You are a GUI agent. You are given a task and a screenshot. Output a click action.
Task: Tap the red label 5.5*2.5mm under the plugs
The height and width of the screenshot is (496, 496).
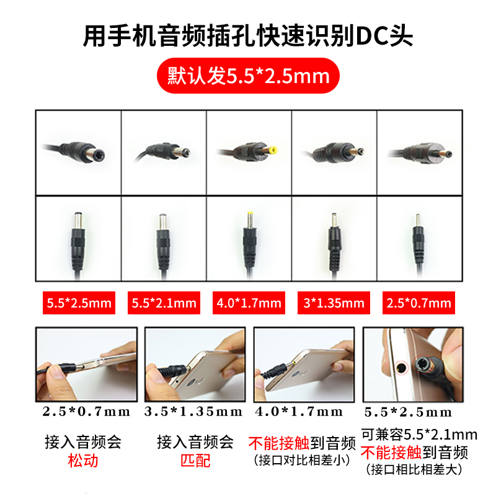(x=78, y=303)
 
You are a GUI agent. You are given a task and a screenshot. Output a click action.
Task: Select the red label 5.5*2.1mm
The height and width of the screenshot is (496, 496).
(x=164, y=303)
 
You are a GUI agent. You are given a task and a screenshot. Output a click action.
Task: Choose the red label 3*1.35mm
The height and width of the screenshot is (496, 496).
(x=334, y=303)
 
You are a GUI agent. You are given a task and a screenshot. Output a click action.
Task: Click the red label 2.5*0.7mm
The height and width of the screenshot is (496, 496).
(x=418, y=303)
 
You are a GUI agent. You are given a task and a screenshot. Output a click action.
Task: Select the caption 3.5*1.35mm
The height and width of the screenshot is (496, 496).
(x=193, y=412)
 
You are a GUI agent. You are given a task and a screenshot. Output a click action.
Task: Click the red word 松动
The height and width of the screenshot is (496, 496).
(x=83, y=461)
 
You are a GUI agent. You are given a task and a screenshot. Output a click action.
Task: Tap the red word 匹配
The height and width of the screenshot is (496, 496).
(x=195, y=461)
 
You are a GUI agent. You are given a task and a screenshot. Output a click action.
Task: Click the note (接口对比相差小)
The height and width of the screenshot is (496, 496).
(x=302, y=461)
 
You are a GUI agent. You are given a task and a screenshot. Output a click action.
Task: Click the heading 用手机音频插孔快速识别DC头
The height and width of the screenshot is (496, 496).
(x=248, y=36)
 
